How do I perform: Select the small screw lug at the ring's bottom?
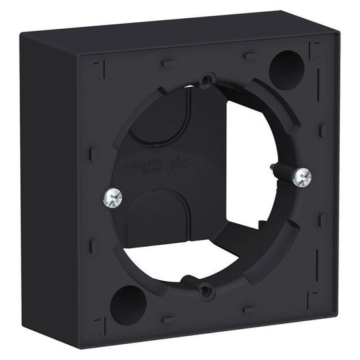coord(205,287)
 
